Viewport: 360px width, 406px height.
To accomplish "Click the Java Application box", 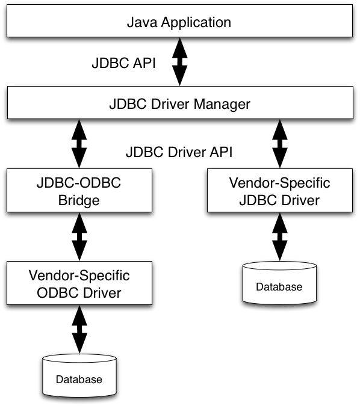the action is pos(179,20).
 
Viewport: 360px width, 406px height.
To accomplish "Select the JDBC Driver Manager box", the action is pos(180,102).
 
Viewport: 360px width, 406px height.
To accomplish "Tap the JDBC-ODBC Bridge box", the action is pos(79,190).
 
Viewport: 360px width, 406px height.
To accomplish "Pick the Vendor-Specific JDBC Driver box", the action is pos(280,190).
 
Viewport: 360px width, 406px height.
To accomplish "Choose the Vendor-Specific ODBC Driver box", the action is pos(79,283).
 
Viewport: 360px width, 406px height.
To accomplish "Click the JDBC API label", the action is pos(123,63).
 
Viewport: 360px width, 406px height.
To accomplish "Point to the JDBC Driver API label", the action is pos(179,152).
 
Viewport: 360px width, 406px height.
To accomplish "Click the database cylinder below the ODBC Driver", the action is pos(79,376).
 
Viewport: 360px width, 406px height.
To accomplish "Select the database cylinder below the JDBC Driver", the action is pos(280,283).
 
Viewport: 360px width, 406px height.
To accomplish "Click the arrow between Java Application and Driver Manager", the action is pos(180,61).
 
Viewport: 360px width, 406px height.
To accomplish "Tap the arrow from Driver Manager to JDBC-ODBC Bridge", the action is pos(79,144).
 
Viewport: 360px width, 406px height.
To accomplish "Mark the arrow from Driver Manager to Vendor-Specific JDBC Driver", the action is pos(280,144).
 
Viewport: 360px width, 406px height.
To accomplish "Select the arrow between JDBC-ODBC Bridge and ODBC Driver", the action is pos(79,236).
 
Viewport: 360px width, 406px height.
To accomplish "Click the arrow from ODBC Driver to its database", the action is pos(79,330).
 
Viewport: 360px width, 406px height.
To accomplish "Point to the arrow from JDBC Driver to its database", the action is pos(280,236).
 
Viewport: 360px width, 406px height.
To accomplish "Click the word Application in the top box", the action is pos(196,23).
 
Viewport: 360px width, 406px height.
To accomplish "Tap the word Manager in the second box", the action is pos(222,105).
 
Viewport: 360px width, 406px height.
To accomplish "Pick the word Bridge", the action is pos(79,201).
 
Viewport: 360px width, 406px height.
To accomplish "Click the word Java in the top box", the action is pos(142,22).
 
